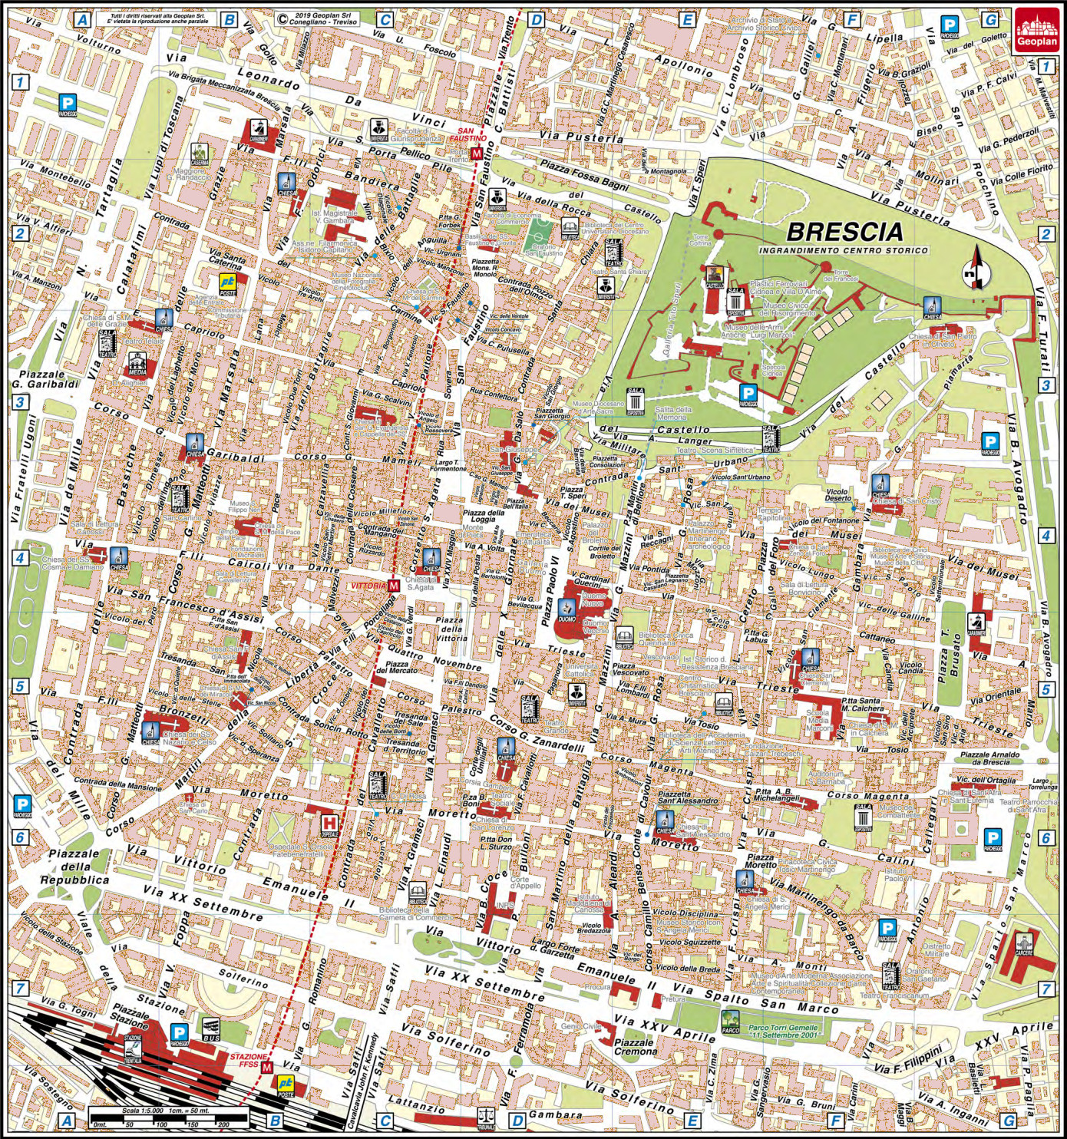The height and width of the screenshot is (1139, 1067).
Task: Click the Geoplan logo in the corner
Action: (x=1036, y=31)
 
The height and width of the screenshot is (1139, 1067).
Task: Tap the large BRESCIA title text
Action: (x=844, y=231)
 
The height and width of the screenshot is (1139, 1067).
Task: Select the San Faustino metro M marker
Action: (x=477, y=154)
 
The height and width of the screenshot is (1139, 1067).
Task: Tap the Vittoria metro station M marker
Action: (x=394, y=586)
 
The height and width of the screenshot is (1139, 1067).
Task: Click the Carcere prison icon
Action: (x=1024, y=944)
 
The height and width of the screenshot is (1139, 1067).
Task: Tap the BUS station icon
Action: (x=211, y=1028)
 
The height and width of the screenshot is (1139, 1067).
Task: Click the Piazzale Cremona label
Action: (x=634, y=1047)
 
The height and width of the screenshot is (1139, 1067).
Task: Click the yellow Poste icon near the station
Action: (x=286, y=1086)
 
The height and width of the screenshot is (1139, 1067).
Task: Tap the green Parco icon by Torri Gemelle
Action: (x=731, y=1021)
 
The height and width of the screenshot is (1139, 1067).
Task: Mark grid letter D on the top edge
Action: (x=536, y=20)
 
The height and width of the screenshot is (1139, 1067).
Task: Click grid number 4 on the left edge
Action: (x=20, y=558)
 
